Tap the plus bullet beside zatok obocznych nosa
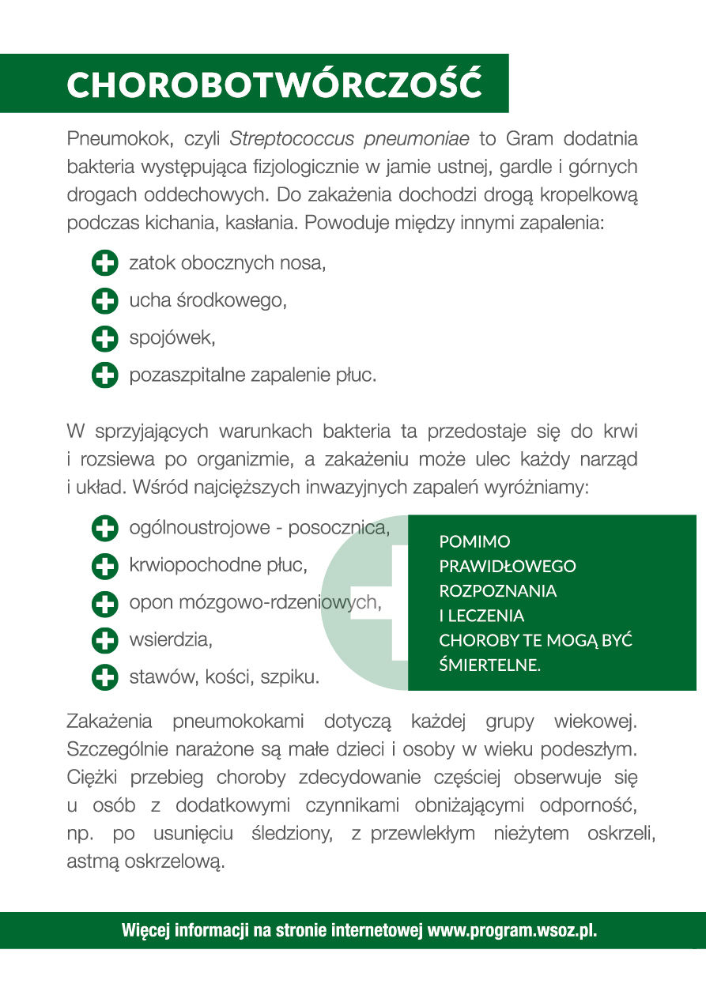(104, 263)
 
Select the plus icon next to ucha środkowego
(104, 301)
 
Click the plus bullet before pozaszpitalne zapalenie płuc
(104, 375)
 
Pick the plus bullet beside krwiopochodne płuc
(104, 565)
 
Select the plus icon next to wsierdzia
(104, 639)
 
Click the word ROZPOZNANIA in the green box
(497, 590)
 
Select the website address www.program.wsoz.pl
(512, 930)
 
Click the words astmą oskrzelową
(146, 861)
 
